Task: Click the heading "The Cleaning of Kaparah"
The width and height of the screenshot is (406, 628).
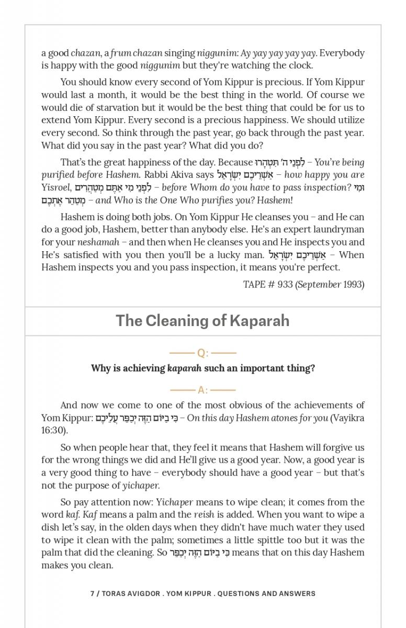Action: click(202, 320)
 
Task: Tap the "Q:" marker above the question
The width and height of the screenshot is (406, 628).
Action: click(202, 353)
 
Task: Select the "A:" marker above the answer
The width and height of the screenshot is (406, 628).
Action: click(202, 390)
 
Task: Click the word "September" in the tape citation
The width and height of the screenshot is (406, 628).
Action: click(319, 284)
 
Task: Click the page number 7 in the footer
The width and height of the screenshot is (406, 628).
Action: click(92, 593)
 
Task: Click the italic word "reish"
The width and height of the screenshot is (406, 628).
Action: click(204, 514)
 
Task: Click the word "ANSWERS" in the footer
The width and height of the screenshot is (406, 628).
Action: click(296, 593)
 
